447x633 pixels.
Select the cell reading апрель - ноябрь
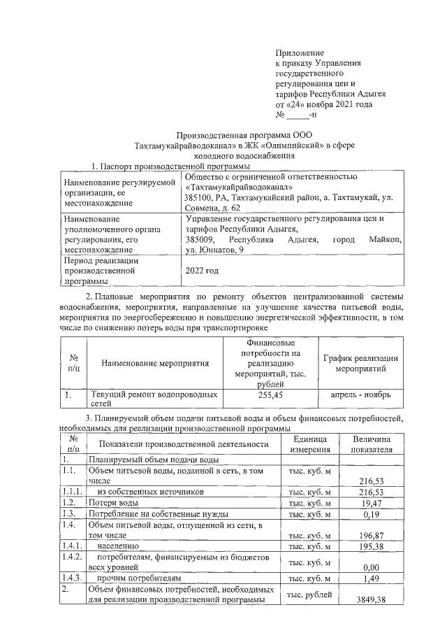click(362, 395)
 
